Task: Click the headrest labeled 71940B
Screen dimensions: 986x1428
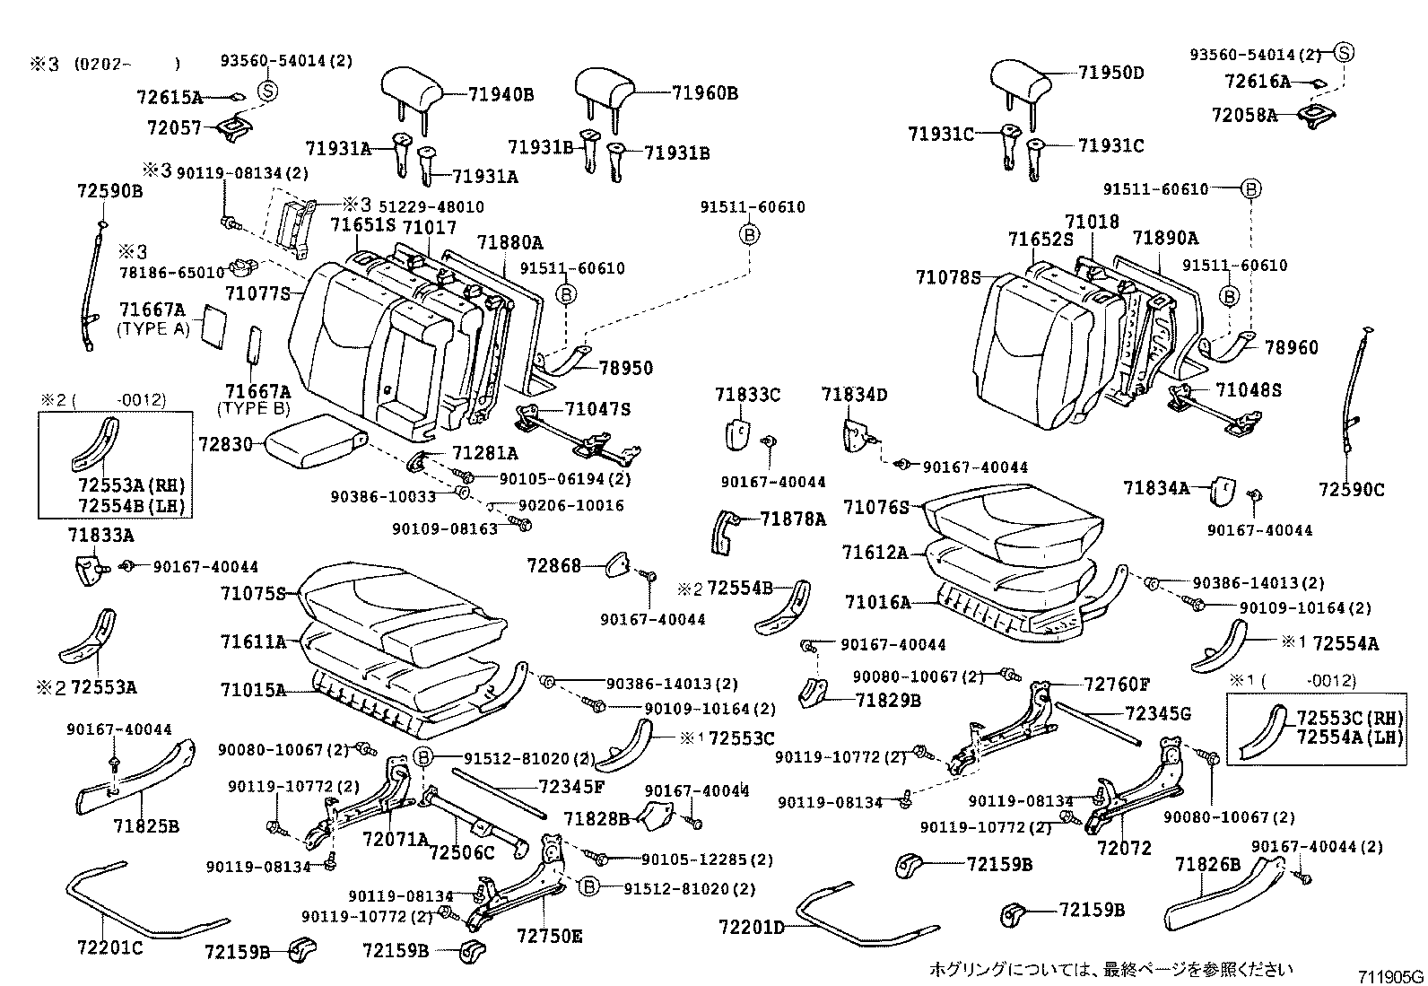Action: point(412,86)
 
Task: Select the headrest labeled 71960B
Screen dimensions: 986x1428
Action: point(605,86)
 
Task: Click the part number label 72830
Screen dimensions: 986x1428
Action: point(227,444)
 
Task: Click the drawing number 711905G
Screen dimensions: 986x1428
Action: point(1389,976)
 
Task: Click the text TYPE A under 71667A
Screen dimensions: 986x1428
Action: point(153,328)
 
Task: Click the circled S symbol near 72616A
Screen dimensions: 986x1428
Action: point(1343,52)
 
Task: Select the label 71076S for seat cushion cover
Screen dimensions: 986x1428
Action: point(876,508)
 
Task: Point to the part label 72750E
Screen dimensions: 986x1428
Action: point(549,937)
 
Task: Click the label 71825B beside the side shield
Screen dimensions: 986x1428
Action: point(146,825)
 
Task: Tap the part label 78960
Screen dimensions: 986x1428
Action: point(1292,347)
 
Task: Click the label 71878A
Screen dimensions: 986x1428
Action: point(792,519)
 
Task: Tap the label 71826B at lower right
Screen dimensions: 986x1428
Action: point(1207,864)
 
